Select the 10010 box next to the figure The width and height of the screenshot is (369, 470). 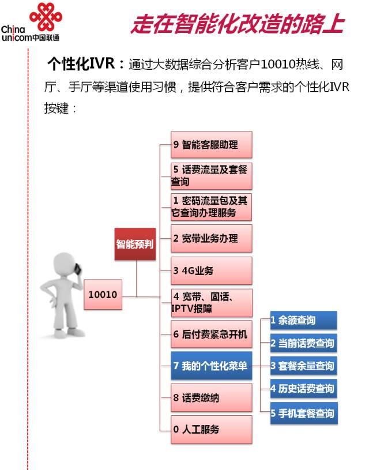click(103, 294)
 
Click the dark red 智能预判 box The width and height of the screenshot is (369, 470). click(135, 244)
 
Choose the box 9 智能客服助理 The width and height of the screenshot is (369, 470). click(212, 145)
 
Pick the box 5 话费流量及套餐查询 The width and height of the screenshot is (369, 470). click(212, 176)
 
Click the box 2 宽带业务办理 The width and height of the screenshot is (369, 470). click(212, 239)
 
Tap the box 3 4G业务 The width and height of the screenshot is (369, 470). click(212, 270)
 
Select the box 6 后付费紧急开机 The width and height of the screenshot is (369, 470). click(212, 334)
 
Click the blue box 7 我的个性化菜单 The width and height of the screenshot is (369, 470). click(212, 366)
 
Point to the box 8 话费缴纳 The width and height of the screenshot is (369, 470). click(212, 398)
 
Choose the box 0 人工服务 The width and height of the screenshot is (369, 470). click(212, 430)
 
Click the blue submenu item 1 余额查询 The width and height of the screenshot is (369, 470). click(304, 320)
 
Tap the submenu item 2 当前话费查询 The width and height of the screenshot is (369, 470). click(304, 343)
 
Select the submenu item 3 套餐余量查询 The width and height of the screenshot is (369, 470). click(304, 366)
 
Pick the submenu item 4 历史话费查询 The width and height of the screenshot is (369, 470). click(304, 389)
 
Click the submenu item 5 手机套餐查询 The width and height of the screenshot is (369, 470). click(304, 413)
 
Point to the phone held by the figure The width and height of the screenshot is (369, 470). click(78, 269)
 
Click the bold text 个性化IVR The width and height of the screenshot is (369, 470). click(81, 63)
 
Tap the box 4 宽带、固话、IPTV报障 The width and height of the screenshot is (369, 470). click(212, 303)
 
